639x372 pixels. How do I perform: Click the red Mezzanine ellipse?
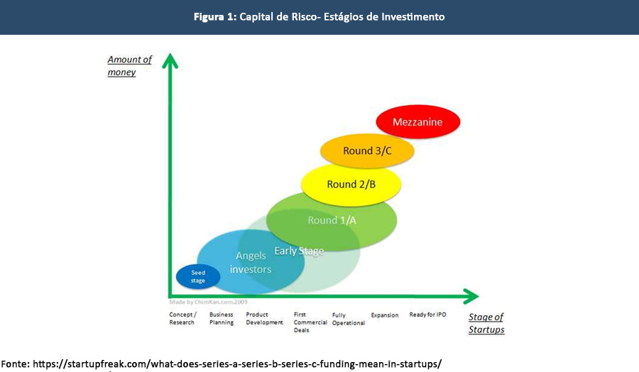pos(417,122)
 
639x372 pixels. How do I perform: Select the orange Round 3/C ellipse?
pos(366,151)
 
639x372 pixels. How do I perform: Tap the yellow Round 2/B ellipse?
pos(351,184)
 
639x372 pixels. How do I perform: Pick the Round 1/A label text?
pos(332,220)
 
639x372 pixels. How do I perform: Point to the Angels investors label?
pos(250,263)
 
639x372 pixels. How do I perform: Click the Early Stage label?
pos(299,251)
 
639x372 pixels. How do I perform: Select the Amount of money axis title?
pos(130,66)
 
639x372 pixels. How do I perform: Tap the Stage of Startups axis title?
pos(486,323)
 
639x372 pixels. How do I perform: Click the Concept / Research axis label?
pos(182,318)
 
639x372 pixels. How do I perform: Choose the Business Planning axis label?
pos(222,318)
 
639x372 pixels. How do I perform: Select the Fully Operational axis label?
pos(348,319)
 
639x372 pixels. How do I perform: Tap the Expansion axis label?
pos(385,314)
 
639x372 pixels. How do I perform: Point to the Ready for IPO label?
pos(427,314)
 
